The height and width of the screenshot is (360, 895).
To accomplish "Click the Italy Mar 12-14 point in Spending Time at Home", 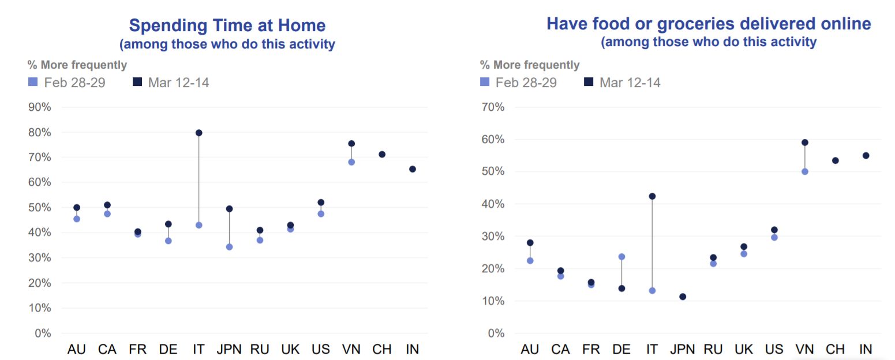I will click(199, 133).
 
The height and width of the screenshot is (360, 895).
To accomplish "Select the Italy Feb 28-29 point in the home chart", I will click(199, 225).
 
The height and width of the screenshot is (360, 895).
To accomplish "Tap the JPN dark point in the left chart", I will click(229, 209).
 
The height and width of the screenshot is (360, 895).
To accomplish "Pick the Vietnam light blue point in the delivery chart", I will click(804, 171).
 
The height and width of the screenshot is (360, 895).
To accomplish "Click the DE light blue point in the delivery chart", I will click(621, 257).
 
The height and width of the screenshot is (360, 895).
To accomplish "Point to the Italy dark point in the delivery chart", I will click(652, 196).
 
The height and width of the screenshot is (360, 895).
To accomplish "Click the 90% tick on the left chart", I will click(39, 107).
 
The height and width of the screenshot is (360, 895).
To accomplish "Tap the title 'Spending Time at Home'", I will click(227, 25).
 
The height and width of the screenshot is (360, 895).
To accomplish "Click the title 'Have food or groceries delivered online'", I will click(709, 24).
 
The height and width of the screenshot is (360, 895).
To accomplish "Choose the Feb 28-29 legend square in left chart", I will click(32, 82).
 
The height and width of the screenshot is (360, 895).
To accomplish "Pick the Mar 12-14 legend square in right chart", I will click(589, 82).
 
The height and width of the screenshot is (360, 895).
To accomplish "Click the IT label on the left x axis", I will click(199, 349).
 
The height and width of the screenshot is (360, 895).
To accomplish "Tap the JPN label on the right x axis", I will click(683, 349).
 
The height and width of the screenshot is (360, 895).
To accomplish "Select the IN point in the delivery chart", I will click(866, 155).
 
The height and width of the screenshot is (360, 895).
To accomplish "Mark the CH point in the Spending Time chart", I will click(381, 155).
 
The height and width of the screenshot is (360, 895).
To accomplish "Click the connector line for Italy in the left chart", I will click(199, 179).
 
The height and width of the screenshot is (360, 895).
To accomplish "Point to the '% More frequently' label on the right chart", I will click(529, 65).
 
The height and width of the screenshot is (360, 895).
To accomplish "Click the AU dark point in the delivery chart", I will click(530, 243).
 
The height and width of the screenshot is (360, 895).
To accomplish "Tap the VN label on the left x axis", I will click(351, 349).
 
